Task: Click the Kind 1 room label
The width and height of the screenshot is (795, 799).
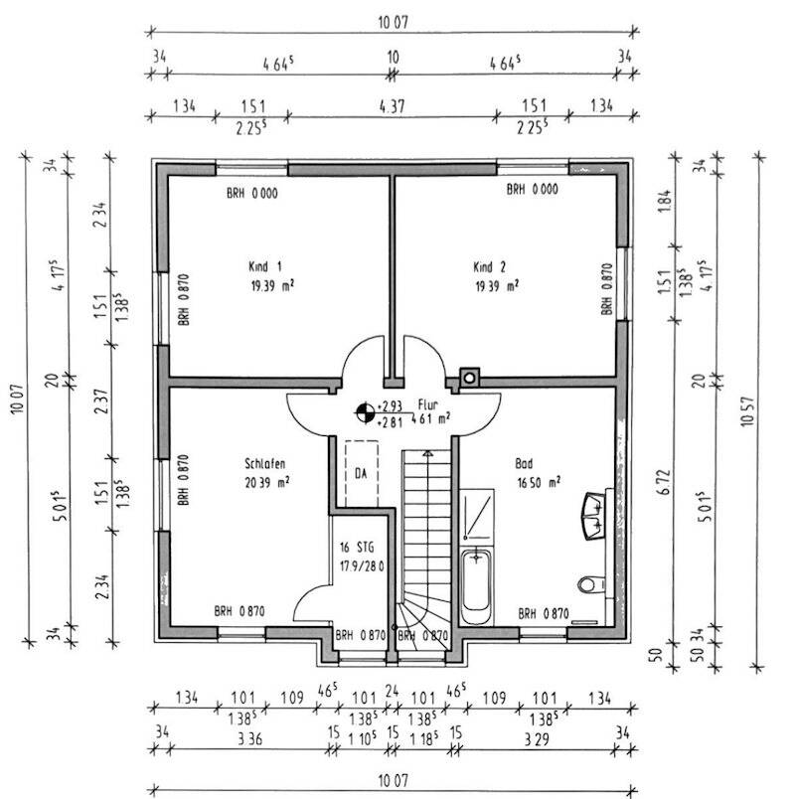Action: pyautogui.click(x=265, y=266)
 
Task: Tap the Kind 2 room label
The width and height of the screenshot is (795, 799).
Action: pyautogui.click(x=489, y=267)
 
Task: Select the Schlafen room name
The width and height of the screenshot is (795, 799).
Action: pyautogui.click(x=265, y=464)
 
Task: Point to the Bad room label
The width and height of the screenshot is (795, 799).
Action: pyautogui.click(x=524, y=463)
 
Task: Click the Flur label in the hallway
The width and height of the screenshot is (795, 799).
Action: pyautogui.click(x=427, y=404)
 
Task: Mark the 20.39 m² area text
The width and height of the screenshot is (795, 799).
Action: pyautogui.click(x=267, y=482)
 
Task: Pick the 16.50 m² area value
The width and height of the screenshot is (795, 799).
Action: pyautogui.click(x=539, y=482)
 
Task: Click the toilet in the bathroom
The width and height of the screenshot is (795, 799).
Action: pyautogui.click(x=591, y=584)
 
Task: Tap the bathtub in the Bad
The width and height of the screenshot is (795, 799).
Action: pyautogui.click(x=476, y=586)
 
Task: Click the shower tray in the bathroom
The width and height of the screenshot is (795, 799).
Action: pyautogui.click(x=477, y=515)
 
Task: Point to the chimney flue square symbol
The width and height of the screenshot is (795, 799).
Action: pyautogui.click(x=469, y=378)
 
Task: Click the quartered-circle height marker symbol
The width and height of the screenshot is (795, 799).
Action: pyautogui.click(x=365, y=412)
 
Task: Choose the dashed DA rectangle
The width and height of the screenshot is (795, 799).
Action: pyautogui.click(x=362, y=473)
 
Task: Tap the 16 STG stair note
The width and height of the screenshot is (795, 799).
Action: pyautogui.click(x=357, y=548)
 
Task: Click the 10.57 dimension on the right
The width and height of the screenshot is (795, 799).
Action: pyautogui.click(x=747, y=411)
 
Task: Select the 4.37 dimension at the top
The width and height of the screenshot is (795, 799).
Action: pyautogui.click(x=392, y=106)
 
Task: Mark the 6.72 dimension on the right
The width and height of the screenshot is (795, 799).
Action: pyautogui.click(x=664, y=482)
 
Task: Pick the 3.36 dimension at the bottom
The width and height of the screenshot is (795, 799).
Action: pyautogui.click(x=250, y=738)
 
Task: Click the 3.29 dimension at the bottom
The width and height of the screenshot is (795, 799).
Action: pyautogui.click(x=537, y=738)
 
